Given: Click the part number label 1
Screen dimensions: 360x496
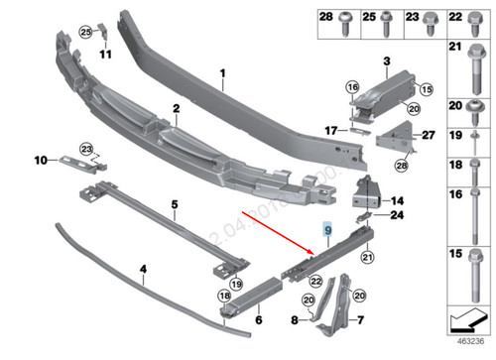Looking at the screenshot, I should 223,73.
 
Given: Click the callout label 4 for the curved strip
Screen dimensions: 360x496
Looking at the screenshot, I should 143,268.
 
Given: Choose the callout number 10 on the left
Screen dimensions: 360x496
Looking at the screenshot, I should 40,159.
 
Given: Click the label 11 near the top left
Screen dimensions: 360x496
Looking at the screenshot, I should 99,55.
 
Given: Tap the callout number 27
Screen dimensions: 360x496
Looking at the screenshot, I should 429,135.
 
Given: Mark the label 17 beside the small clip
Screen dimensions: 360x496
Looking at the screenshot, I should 332,130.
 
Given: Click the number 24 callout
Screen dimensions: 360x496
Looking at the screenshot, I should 397,215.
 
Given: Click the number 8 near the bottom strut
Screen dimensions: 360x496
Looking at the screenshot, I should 294,319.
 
